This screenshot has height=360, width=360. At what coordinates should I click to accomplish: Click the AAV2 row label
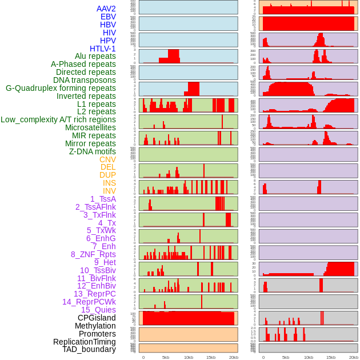click(106, 9)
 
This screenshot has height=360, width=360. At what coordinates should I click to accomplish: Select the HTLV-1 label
click(102, 49)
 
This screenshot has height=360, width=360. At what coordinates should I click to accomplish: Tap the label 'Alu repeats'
click(95, 57)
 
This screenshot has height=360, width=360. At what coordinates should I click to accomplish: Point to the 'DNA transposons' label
click(85, 80)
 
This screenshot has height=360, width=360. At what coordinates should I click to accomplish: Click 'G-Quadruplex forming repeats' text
click(61, 88)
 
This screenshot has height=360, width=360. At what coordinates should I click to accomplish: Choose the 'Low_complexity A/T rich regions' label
click(58, 119)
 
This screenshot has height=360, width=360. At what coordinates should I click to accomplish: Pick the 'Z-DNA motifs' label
click(92, 151)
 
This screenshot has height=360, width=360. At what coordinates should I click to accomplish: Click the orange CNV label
click(107, 159)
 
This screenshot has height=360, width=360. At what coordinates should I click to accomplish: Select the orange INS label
click(109, 183)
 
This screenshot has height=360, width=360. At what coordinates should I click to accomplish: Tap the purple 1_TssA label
click(103, 199)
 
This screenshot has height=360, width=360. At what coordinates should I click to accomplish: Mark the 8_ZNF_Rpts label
click(93, 254)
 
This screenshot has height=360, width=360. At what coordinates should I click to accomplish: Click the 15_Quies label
click(98, 310)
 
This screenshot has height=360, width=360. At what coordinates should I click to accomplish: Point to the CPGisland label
click(97, 318)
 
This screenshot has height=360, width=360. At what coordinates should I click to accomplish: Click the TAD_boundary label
click(89, 349)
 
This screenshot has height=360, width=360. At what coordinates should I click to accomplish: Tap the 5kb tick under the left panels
click(166, 357)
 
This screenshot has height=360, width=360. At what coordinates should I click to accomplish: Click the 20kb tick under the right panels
click(354, 357)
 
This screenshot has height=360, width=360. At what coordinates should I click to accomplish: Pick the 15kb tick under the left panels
click(211, 357)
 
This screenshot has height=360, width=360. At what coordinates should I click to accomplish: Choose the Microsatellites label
click(90, 127)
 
